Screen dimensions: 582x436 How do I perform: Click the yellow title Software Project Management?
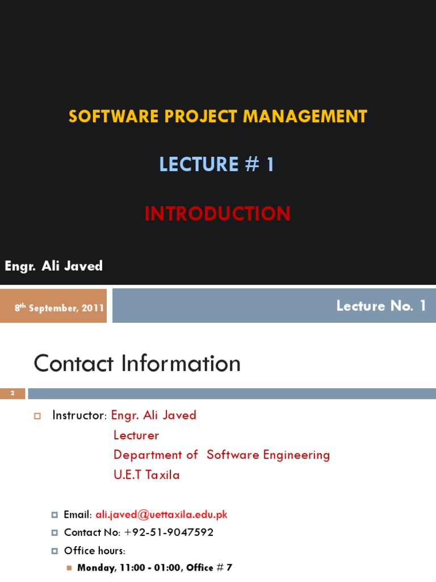tap(217, 117)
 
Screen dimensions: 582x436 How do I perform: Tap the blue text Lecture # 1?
tap(217, 164)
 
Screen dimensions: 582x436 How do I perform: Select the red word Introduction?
tap(217, 214)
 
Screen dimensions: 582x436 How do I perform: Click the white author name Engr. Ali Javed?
tap(54, 266)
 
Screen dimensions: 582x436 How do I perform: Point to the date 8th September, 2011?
tap(59, 307)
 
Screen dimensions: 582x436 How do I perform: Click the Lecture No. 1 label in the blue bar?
tap(381, 306)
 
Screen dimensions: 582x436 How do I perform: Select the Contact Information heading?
tap(137, 364)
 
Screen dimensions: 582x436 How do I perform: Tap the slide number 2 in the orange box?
tap(12, 393)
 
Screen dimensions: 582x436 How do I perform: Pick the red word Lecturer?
tap(136, 435)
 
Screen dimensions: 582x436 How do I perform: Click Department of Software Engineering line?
tap(221, 455)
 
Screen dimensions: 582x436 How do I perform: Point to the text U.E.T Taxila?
tap(146, 475)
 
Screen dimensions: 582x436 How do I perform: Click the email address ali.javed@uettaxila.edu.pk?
tap(161, 514)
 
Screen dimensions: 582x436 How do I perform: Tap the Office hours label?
tap(94, 551)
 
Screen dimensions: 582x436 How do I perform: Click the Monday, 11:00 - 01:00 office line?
tap(154, 567)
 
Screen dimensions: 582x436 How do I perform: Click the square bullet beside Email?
tap(54, 514)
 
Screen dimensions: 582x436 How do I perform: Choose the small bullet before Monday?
tap(69, 567)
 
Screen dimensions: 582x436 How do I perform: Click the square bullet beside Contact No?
tap(54, 533)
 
